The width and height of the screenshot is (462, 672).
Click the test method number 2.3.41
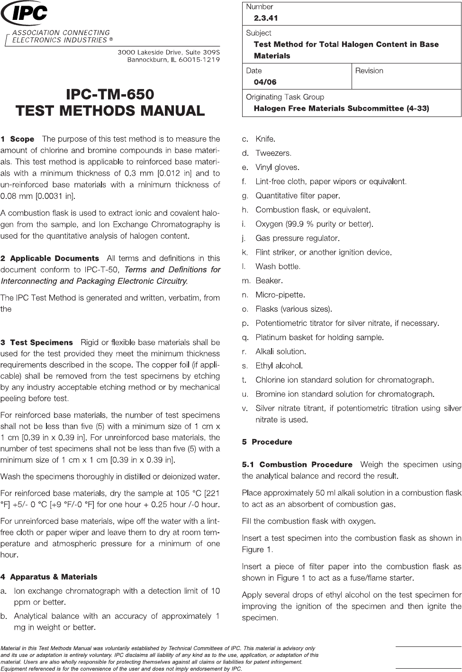(266, 18)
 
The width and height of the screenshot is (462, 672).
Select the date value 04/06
(265, 82)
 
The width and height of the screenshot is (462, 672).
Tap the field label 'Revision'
(369, 71)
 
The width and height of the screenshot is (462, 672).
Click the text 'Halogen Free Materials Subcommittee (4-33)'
(341, 108)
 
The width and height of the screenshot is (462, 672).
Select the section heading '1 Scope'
(18, 139)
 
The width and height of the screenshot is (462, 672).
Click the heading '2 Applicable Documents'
(50, 259)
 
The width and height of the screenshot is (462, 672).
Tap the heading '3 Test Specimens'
(37, 342)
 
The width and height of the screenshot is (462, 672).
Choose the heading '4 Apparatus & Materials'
(49, 577)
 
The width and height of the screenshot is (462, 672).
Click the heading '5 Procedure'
(267, 442)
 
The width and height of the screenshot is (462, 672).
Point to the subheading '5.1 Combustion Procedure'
(297, 465)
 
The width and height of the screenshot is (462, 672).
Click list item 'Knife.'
(265, 139)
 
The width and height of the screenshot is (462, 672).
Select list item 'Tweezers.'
(273, 153)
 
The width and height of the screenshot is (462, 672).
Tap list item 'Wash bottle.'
(278, 267)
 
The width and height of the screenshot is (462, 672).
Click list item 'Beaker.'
(269, 281)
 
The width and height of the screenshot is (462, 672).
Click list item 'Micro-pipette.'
(280, 295)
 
